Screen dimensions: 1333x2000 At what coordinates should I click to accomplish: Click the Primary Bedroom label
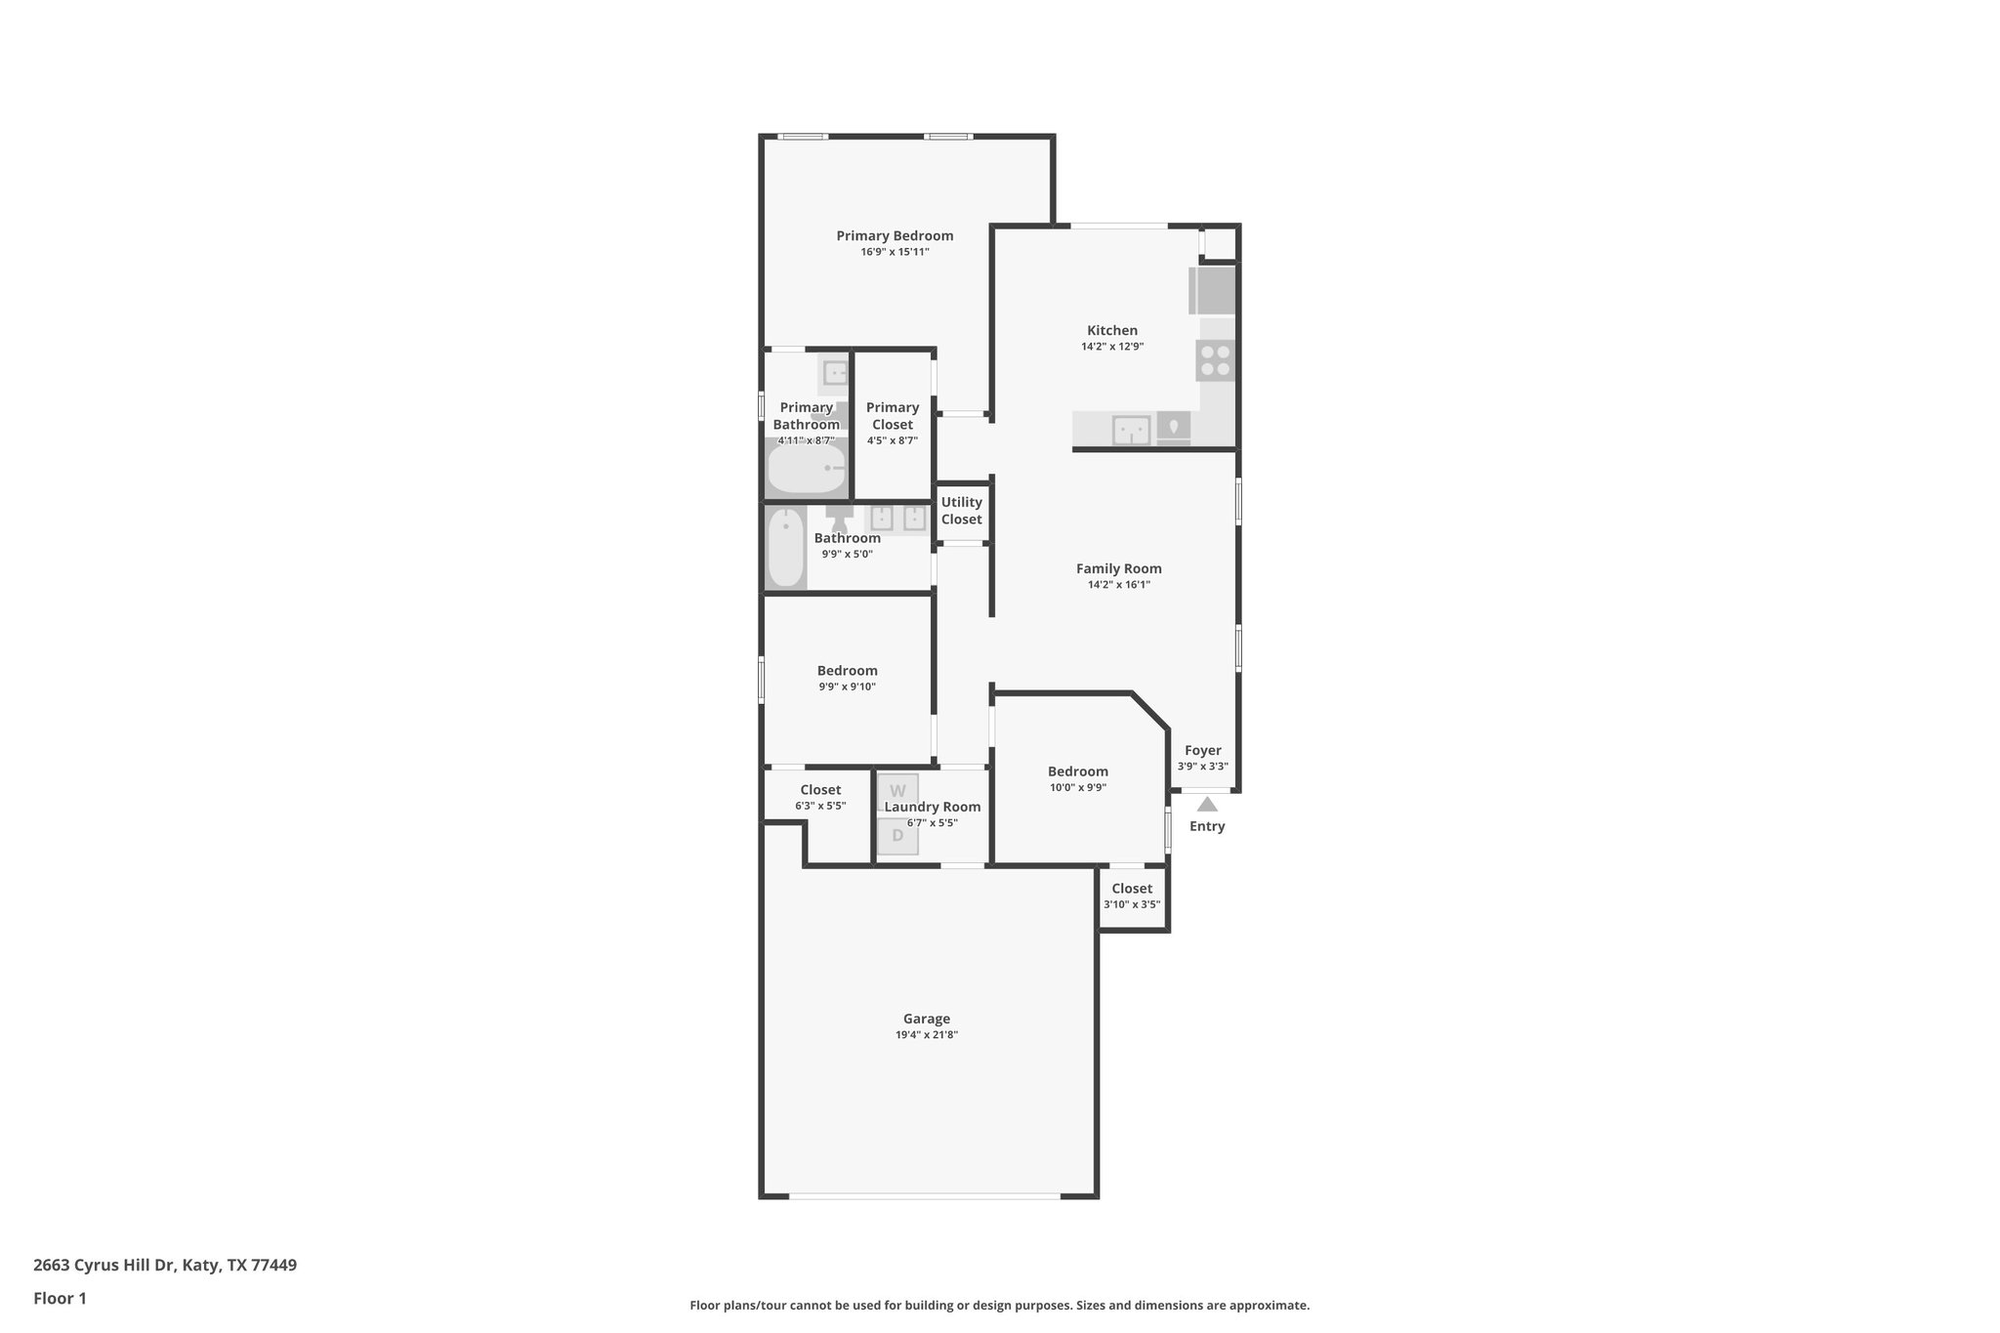pos(895,235)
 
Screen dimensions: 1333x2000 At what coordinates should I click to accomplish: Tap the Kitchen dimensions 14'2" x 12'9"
pos(1112,347)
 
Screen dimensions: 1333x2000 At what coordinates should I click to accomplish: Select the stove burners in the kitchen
pos(1216,360)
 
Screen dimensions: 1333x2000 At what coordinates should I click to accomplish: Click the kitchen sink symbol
pos(1132,429)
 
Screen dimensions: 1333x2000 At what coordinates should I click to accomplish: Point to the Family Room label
pos(1119,568)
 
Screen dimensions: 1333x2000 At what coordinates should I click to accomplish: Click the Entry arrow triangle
pos(1207,805)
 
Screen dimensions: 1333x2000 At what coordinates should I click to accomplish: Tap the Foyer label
pos(1203,751)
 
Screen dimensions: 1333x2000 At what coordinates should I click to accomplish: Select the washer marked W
pos(897,791)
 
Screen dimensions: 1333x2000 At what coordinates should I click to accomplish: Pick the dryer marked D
pos(897,836)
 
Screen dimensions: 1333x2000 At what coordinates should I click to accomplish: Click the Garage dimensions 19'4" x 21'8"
pos(927,1035)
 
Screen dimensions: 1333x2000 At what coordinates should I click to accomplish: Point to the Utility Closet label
pos(962,511)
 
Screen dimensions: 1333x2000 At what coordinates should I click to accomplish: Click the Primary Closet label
pos(893,416)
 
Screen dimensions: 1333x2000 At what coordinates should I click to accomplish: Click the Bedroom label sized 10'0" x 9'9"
pos(1078,771)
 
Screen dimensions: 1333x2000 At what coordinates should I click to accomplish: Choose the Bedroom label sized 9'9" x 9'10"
pos(848,671)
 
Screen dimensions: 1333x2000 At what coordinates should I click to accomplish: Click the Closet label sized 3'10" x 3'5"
pos(1132,889)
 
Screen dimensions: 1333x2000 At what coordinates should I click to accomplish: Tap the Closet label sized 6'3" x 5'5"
pos(820,790)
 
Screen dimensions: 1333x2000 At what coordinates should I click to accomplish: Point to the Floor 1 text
pos(60,1298)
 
